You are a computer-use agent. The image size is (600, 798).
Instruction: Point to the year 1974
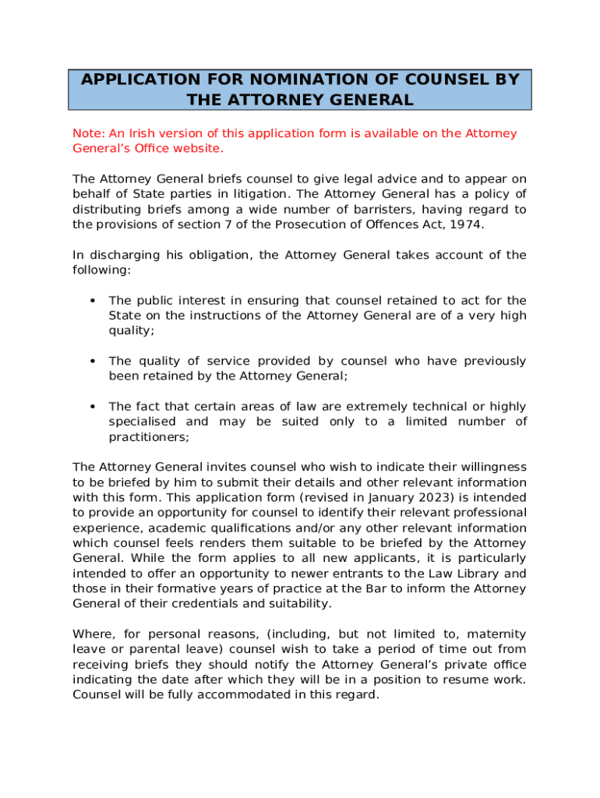465,224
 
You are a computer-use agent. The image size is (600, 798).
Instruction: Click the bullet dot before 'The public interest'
93,301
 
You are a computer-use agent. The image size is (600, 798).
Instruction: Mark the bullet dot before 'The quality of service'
93,362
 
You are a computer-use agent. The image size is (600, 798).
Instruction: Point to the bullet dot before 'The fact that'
93,407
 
